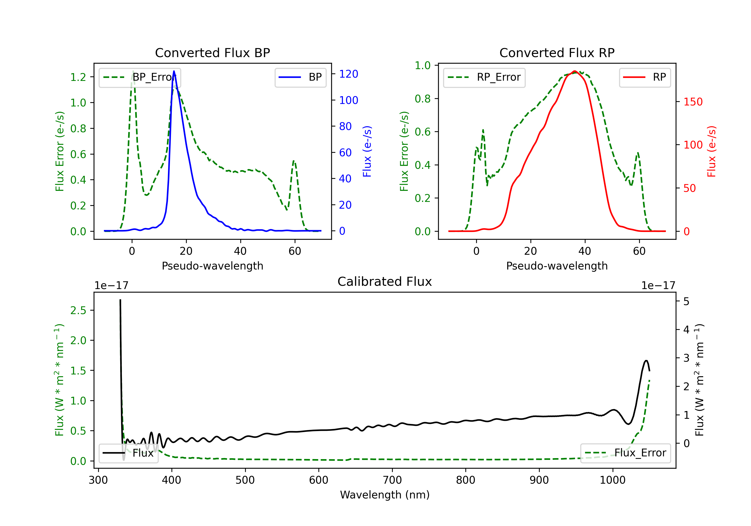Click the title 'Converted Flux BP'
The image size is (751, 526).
[212, 53]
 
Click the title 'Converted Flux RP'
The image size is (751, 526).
[557, 53]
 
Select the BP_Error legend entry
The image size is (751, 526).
[140, 77]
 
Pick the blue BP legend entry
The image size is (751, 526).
[300, 77]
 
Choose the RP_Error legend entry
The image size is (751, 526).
[484, 77]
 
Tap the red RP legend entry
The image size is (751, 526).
[645, 77]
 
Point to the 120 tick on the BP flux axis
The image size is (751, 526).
[348, 74]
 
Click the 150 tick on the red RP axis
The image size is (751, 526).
[693, 102]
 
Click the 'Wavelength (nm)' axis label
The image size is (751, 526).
[385, 495]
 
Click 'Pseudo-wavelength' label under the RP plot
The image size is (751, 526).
[557, 266]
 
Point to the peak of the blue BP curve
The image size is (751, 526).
[174, 71]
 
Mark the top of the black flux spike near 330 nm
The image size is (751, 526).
[120, 300]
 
